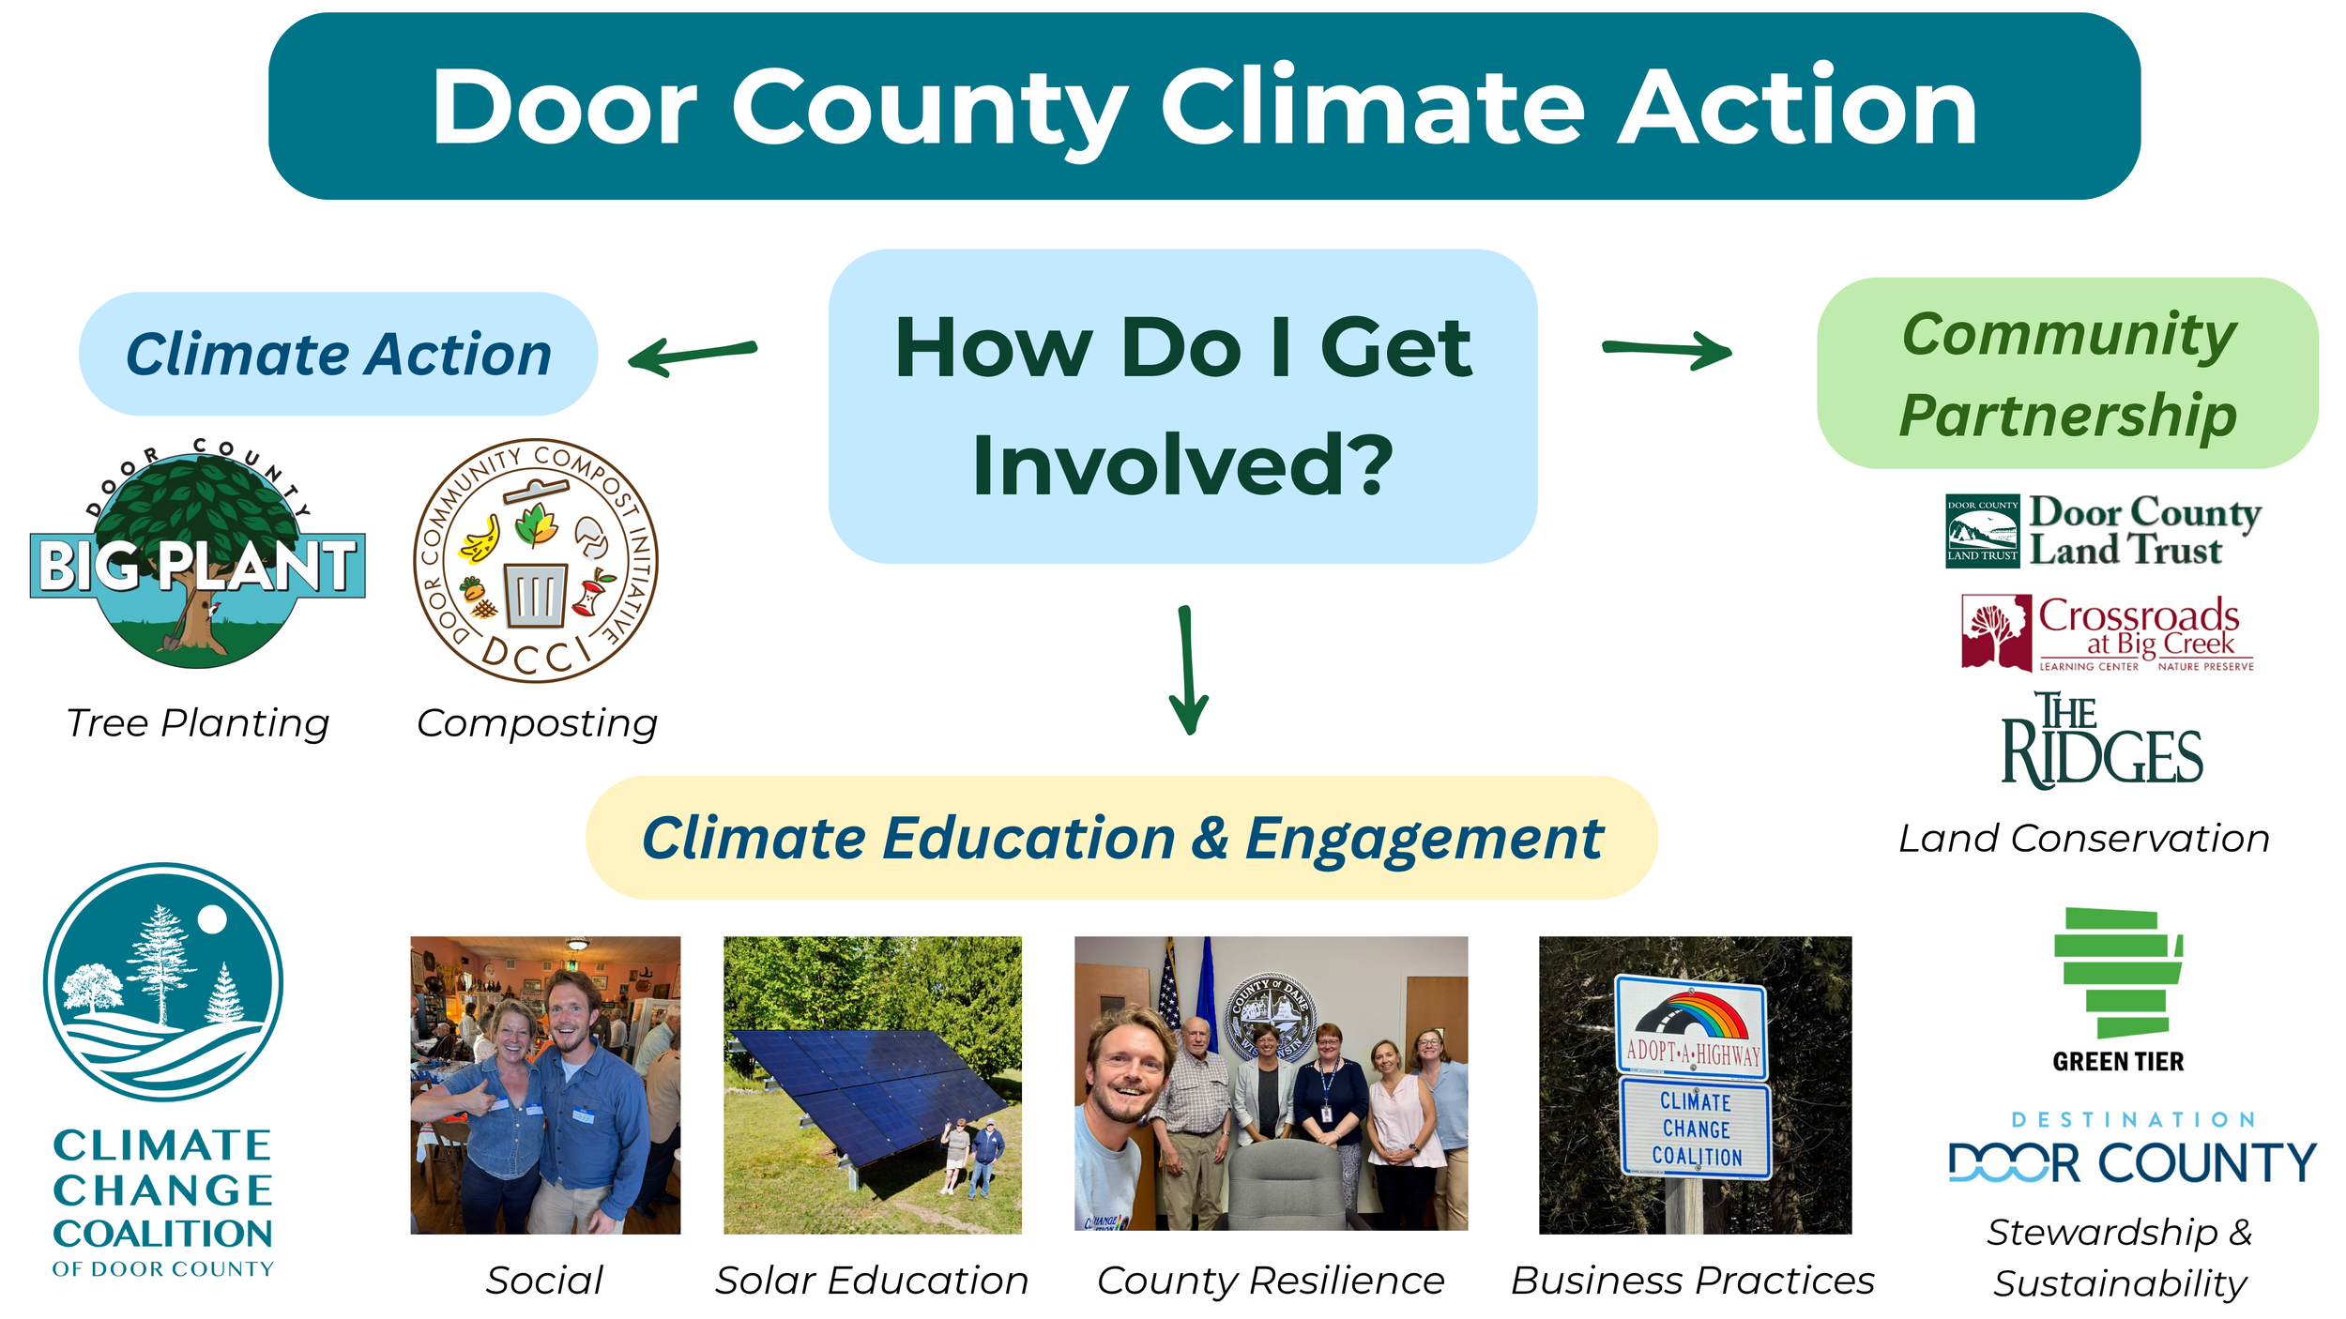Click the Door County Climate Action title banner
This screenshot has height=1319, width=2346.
(x=1204, y=106)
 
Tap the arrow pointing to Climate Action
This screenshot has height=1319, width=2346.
(x=693, y=356)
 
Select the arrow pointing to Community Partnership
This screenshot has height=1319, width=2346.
(x=1667, y=350)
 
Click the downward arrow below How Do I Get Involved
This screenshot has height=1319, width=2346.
(x=1188, y=670)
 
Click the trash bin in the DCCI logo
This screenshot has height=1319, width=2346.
(x=536, y=595)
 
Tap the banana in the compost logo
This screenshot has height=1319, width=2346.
(x=480, y=539)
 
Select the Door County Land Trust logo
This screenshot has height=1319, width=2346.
(x=2103, y=531)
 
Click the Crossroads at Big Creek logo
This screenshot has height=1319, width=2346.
(x=2107, y=633)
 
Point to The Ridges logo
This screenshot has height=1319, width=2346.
(x=2101, y=740)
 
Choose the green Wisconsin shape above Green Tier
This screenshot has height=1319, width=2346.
(x=2118, y=973)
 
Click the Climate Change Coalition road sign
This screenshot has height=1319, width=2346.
(x=1696, y=1129)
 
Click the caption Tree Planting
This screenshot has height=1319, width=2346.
(x=198, y=723)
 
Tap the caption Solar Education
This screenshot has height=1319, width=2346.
(x=872, y=1281)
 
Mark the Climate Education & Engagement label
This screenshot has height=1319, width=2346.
(x=1122, y=838)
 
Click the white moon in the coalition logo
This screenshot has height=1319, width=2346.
(x=212, y=919)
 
